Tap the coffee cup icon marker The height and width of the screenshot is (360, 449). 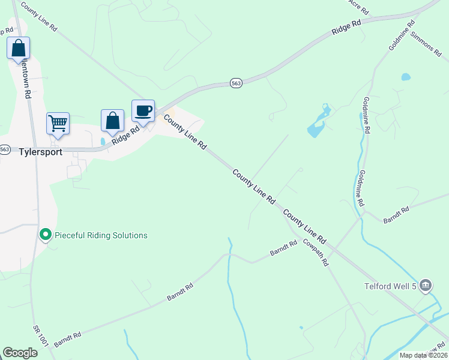pyautogui.click(x=143, y=111)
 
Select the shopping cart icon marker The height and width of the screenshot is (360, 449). pyautogui.click(x=58, y=124)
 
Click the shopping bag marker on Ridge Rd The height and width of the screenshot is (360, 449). pyautogui.click(x=112, y=121)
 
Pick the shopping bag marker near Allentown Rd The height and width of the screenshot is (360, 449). pyautogui.click(x=18, y=48)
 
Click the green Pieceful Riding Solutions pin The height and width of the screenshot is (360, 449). pyautogui.click(x=45, y=235)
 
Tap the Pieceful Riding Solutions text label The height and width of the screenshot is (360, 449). pyautogui.click(x=101, y=235)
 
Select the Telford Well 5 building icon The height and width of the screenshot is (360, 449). pyautogui.click(x=425, y=286)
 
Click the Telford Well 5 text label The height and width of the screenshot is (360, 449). pyautogui.click(x=389, y=286)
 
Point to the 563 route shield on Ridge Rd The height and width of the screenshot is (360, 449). pyautogui.click(x=236, y=84)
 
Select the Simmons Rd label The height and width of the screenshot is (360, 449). pyautogui.click(x=426, y=44)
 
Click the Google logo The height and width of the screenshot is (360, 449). pyautogui.click(x=20, y=352)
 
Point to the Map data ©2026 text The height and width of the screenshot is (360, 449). pyautogui.click(x=423, y=355)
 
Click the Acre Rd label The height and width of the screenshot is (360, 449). pyautogui.click(x=358, y=6)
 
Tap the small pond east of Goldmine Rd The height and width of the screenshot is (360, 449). pyautogui.click(x=406, y=77)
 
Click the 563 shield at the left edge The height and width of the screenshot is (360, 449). pyautogui.click(x=5, y=149)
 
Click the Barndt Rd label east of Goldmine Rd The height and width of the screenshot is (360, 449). pyautogui.click(x=396, y=214)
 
